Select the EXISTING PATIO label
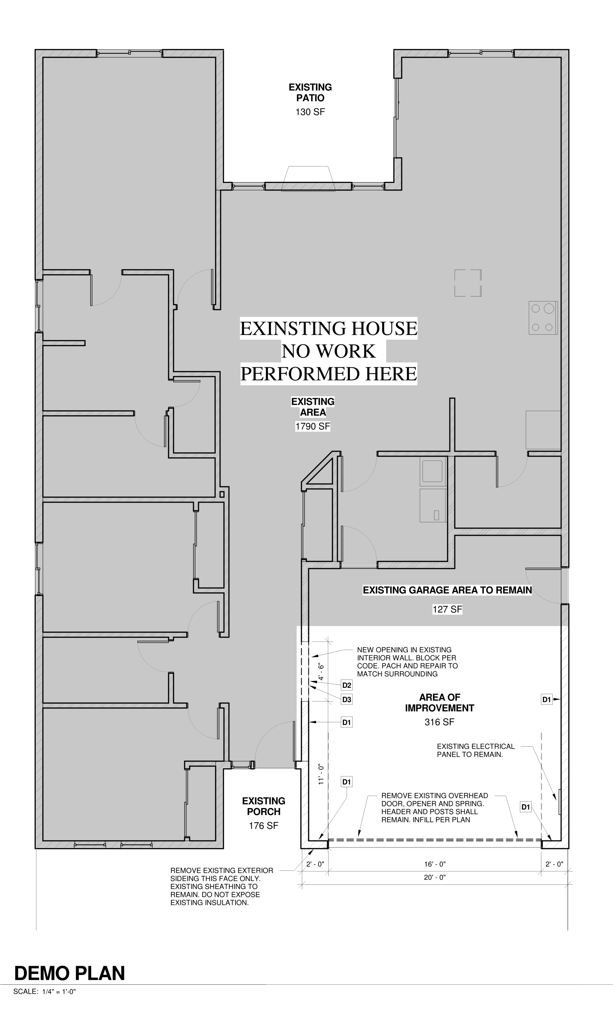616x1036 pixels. point(311,93)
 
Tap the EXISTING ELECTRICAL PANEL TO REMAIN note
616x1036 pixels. point(476,750)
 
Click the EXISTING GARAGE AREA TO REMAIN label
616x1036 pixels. point(447,590)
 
